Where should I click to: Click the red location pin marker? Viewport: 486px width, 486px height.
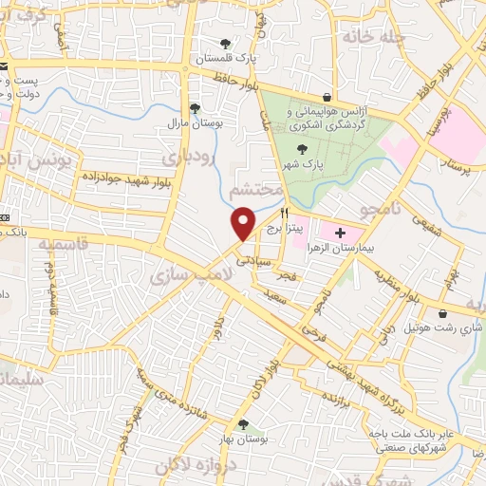click(244, 222)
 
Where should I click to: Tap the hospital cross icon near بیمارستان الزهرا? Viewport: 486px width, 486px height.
click(340, 232)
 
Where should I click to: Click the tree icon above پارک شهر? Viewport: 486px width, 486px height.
click(303, 148)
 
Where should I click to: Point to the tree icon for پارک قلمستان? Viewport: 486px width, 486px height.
click(225, 44)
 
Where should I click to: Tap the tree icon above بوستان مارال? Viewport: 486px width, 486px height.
click(195, 108)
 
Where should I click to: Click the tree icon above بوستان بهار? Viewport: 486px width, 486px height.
click(244, 424)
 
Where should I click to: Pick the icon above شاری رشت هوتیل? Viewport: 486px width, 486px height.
click(443, 314)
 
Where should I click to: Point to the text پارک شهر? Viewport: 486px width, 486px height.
click(307, 163)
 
